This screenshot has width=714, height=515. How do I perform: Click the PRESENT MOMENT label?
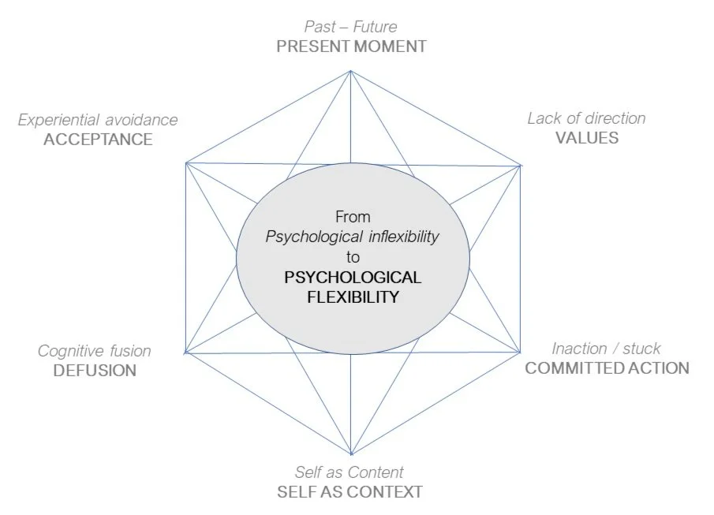coord(351,47)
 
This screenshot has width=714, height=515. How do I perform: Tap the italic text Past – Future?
coord(351,28)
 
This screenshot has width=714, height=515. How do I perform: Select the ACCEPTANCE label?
coord(98,140)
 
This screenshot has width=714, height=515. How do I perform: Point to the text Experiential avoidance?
coord(98,120)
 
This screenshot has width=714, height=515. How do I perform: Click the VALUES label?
coord(586,138)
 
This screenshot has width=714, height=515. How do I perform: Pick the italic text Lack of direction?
coord(586,118)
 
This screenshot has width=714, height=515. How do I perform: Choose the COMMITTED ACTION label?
coord(607,368)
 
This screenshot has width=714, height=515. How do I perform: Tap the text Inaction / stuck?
coord(606,349)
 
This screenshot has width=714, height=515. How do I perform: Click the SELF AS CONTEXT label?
coord(350,492)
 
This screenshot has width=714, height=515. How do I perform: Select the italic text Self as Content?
coord(350,472)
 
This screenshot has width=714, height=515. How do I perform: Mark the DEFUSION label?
coord(95,371)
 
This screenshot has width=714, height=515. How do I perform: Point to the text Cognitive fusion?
coord(95,351)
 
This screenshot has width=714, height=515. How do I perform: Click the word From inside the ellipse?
coord(353,216)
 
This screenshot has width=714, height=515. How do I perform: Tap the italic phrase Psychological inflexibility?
coord(352,237)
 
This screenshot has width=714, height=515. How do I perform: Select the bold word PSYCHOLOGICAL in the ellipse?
coord(353,278)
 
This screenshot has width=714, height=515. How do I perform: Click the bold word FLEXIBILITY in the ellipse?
coord(353,297)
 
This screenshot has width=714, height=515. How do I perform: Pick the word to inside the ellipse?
coord(353,257)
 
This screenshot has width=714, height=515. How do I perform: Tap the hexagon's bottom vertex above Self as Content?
coord(351,453)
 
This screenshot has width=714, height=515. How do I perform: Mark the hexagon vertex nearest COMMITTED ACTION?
coord(521,352)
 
